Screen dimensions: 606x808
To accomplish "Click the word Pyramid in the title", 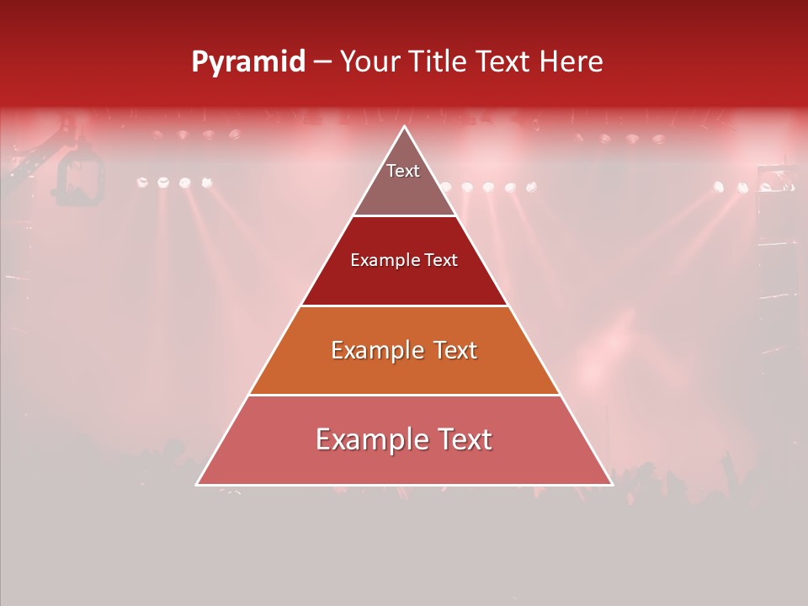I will [x=248, y=61].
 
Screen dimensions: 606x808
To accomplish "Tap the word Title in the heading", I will [x=436, y=61].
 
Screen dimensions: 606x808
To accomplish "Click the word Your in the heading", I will [x=369, y=61].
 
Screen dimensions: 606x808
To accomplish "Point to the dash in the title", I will [x=322, y=62].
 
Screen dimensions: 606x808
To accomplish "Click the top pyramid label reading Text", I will [x=403, y=171].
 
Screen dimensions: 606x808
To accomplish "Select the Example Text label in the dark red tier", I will [x=404, y=260].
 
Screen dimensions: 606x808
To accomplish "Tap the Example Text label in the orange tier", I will [x=404, y=350].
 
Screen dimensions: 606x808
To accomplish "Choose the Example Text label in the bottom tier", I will [x=404, y=439].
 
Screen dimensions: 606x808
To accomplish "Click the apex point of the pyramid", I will [x=405, y=127].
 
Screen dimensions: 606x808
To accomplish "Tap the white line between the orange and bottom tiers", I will [x=404, y=395].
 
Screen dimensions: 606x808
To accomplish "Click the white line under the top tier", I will [x=404, y=215].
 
